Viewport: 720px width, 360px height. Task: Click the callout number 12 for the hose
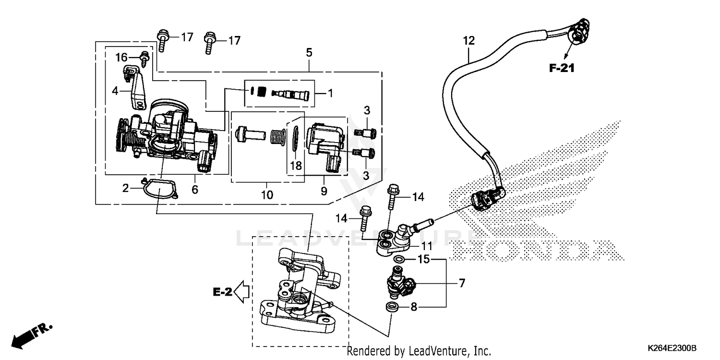tap(468, 41)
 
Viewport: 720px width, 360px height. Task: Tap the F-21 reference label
tap(562, 68)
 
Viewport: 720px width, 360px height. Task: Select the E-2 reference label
tap(223, 291)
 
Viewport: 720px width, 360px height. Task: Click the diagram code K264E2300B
tap(672, 347)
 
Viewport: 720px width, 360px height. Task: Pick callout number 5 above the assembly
tap(309, 52)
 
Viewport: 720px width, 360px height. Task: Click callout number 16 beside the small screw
tap(122, 58)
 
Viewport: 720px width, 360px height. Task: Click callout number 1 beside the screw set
tap(330, 93)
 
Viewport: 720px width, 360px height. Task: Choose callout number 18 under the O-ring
tap(296, 166)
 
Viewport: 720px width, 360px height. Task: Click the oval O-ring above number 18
tap(296, 135)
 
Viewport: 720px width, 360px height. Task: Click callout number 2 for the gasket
tap(126, 188)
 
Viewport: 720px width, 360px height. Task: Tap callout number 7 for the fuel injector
tap(462, 283)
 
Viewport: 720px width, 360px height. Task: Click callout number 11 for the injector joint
tap(427, 246)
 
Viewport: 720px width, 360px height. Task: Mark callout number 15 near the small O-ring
tap(423, 260)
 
